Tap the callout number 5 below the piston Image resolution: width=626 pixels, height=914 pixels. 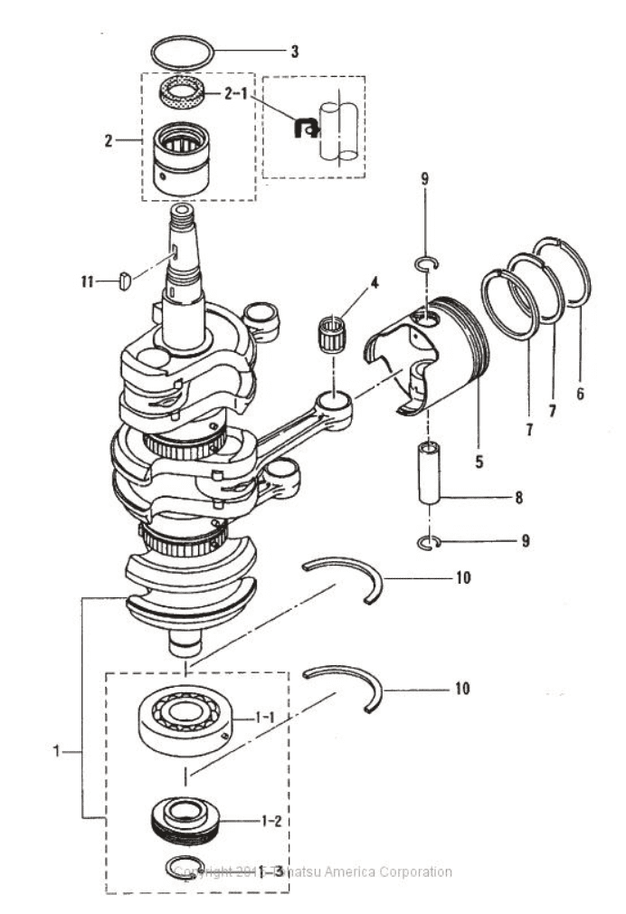click(479, 460)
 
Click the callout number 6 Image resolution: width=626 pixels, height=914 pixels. click(580, 393)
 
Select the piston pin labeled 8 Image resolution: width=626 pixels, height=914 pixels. click(430, 474)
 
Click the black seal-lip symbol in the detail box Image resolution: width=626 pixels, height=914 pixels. click(308, 129)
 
